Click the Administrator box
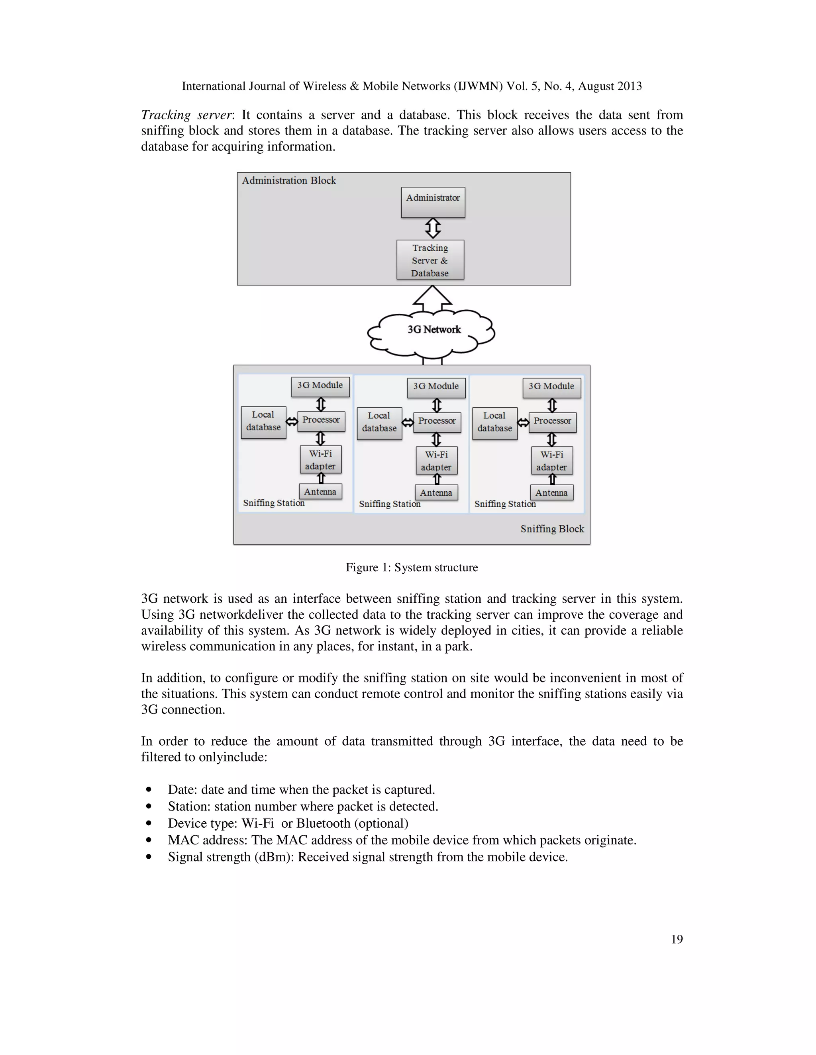click(433, 202)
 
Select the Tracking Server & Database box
click(430, 260)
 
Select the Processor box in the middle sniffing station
click(437, 422)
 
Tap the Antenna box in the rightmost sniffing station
click(551, 493)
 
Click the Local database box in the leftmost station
click(263, 422)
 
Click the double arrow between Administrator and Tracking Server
click(433, 228)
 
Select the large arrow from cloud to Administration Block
click(432, 297)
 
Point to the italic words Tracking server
click(186, 115)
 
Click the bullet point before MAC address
click(149, 840)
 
